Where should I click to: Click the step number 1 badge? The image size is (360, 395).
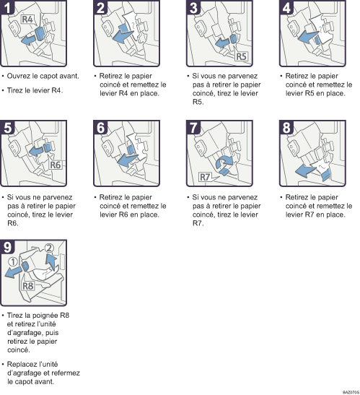click(7, 7)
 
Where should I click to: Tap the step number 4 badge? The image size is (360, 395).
click(286, 7)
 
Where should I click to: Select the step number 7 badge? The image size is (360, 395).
click(193, 128)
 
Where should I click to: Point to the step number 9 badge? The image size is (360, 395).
click(7, 247)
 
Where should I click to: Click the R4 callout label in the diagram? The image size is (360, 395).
click(27, 19)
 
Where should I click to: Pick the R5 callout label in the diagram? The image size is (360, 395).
click(241, 56)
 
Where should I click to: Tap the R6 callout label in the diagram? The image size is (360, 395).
click(55, 165)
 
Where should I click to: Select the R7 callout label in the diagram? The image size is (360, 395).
click(205, 177)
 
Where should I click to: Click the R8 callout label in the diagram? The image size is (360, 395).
click(27, 286)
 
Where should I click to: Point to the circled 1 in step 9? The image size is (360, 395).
click(13, 261)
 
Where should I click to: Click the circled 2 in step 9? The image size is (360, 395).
click(49, 248)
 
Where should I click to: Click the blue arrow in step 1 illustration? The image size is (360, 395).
click(28, 40)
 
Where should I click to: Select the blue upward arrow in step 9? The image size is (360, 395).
click(51, 262)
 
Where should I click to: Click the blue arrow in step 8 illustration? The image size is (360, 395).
click(305, 170)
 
